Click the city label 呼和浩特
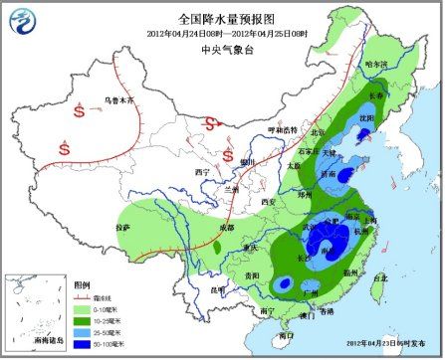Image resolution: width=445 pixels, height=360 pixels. [x=284, y=130]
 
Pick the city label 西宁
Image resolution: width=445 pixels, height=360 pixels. [x=205, y=172]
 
